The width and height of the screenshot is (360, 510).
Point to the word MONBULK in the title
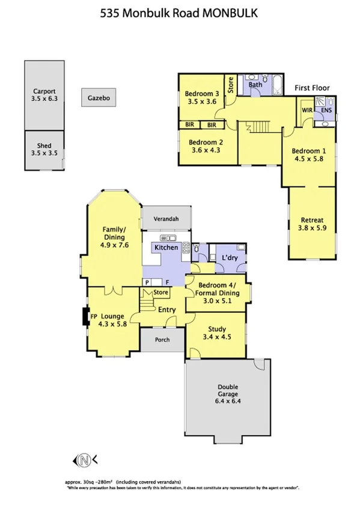coord(231,13)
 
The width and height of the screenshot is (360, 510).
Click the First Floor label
coord(312,88)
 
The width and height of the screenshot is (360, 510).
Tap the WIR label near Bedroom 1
coord(307,111)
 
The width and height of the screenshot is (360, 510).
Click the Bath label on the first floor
coord(255,85)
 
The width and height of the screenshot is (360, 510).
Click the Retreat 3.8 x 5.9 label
coord(311,223)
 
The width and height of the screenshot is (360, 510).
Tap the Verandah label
coord(166,219)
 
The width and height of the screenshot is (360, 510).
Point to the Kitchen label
coord(166,248)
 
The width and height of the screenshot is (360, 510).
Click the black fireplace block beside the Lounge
coord(84,316)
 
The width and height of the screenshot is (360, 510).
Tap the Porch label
coord(162,340)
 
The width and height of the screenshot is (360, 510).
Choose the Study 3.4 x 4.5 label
coord(216,333)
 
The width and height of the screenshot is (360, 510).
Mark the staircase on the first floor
coord(257,127)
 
